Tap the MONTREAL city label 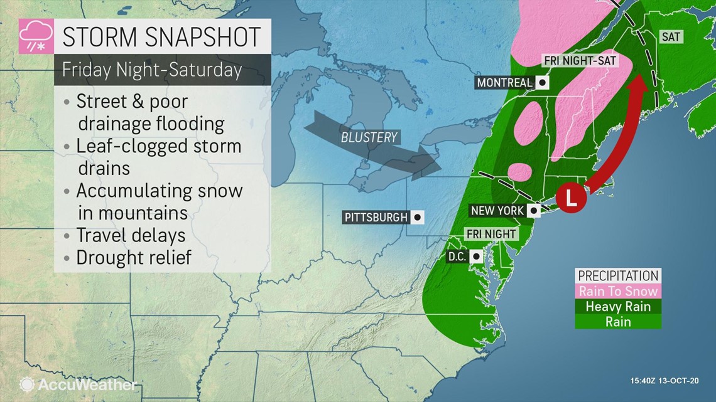click(505, 82)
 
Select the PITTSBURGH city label click(376, 218)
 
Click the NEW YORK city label click(497, 211)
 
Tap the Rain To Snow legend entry click(618, 291)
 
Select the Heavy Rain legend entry click(618, 307)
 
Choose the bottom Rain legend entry click(618, 322)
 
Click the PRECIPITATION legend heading click(618, 276)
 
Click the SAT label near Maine click(671, 37)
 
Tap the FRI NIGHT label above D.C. click(491, 234)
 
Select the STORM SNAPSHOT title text click(161, 36)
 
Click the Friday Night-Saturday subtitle click(151, 69)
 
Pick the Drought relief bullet click(133, 257)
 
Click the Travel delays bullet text click(131, 235)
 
